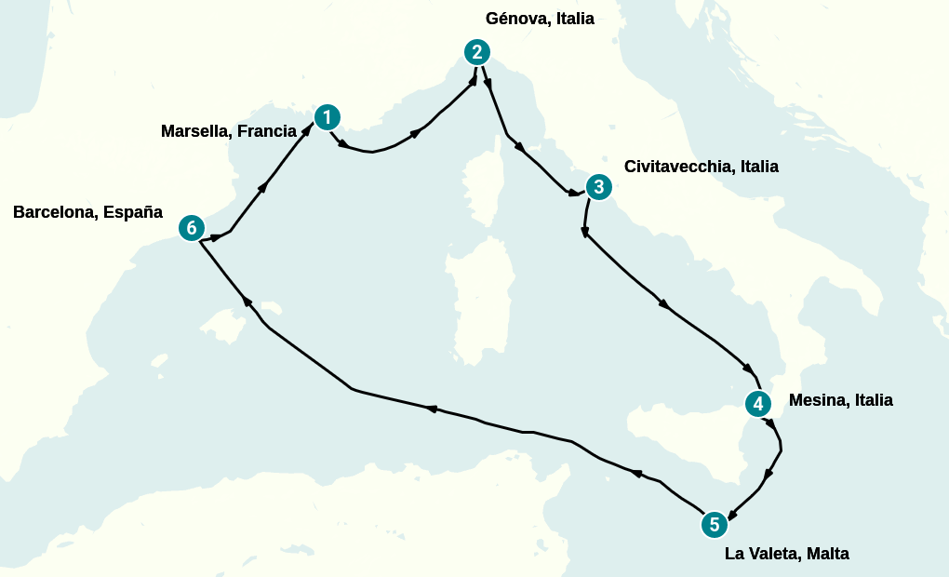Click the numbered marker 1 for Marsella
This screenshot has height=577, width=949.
click(x=327, y=117)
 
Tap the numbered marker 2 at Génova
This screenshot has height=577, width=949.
click(x=476, y=52)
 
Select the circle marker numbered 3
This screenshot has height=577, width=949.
click(x=598, y=187)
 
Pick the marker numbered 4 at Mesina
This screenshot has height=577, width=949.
click(x=758, y=404)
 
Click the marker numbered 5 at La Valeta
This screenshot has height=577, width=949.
click(x=714, y=525)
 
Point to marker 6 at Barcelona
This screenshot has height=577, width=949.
click(x=191, y=227)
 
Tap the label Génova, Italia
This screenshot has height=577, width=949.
click(x=540, y=19)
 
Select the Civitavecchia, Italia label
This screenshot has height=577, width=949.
click(x=701, y=167)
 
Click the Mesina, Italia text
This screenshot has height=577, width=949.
click(x=840, y=400)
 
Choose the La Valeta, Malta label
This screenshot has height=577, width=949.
click(x=786, y=554)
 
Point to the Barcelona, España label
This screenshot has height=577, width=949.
click(x=87, y=212)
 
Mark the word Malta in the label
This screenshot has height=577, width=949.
click(x=827, y=554)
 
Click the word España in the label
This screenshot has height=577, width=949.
click(x=133, y=212)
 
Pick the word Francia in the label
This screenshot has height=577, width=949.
click(x=266, y=131)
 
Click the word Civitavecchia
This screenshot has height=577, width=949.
click(x=677, y=167)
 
